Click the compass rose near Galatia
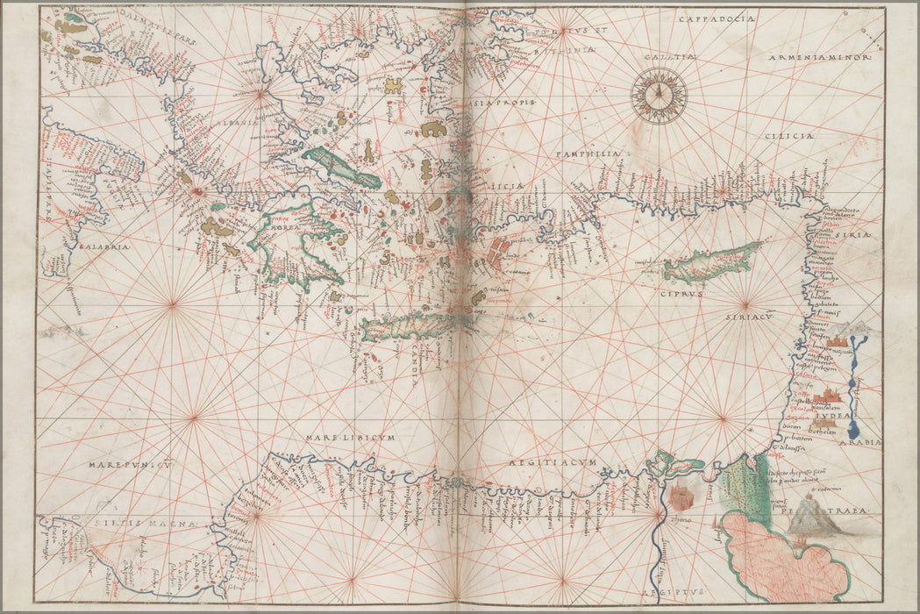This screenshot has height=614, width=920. [658, 95]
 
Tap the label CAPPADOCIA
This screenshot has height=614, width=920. [714, 18]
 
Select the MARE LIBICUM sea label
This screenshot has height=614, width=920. [351, 436]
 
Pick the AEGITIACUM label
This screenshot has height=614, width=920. [553, 462]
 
